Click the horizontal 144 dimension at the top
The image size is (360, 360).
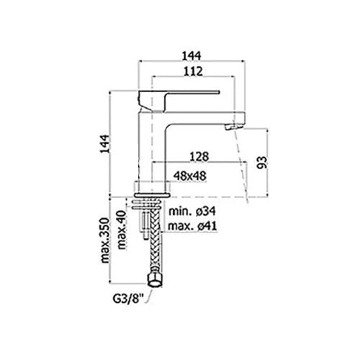pyautogui.click(x=192, y=56)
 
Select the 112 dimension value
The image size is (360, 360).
pyautogui.click(x=193, y=71)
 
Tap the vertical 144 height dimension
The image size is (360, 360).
pyautogui.click(x=104, y=144)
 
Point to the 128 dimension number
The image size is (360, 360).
pyautogui.click(x=199, y=157)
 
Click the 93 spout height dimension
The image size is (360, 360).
pyautogui.click(x=262, y=163)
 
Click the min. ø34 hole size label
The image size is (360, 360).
pyautogui.click(x=192, y=212)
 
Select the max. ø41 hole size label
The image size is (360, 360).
pyautogui.click(x=192, y=226)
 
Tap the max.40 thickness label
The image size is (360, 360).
pyautogui.click(x=122, y=230)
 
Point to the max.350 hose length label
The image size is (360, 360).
pyautogui.click(x=105, y=240)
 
